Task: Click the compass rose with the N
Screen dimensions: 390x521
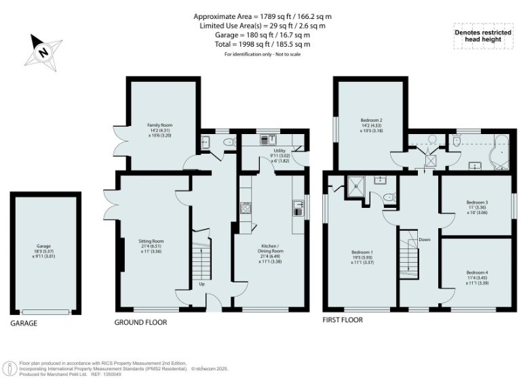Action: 42,51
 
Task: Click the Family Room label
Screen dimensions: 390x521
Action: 161,129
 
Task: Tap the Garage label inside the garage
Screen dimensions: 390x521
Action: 44,250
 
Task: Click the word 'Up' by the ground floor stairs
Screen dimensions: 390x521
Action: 201,284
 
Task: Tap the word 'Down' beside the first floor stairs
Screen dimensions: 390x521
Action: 424,240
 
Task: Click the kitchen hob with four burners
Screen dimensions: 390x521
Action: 246,209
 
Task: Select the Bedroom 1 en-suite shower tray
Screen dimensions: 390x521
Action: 355,185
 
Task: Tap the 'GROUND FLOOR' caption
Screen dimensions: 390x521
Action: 140,323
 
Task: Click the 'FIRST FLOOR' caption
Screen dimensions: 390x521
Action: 343,320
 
